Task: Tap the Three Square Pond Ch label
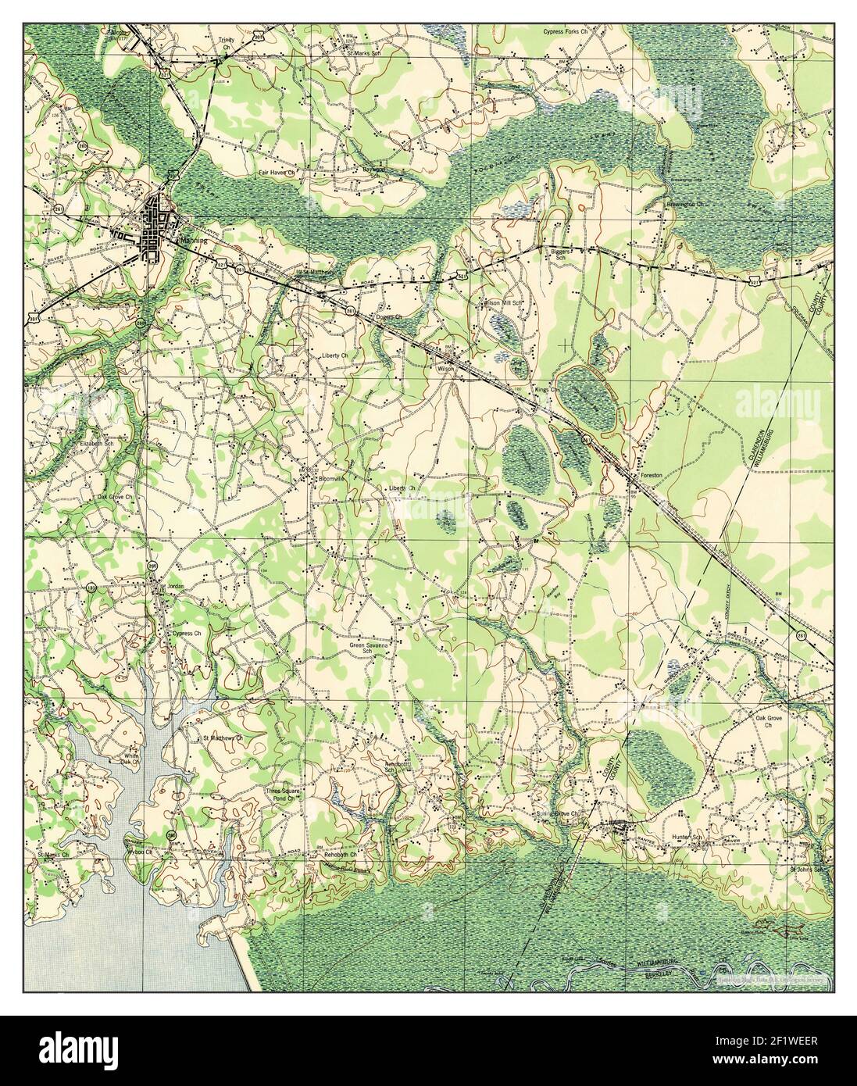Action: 282,795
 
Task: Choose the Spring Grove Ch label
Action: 561,813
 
